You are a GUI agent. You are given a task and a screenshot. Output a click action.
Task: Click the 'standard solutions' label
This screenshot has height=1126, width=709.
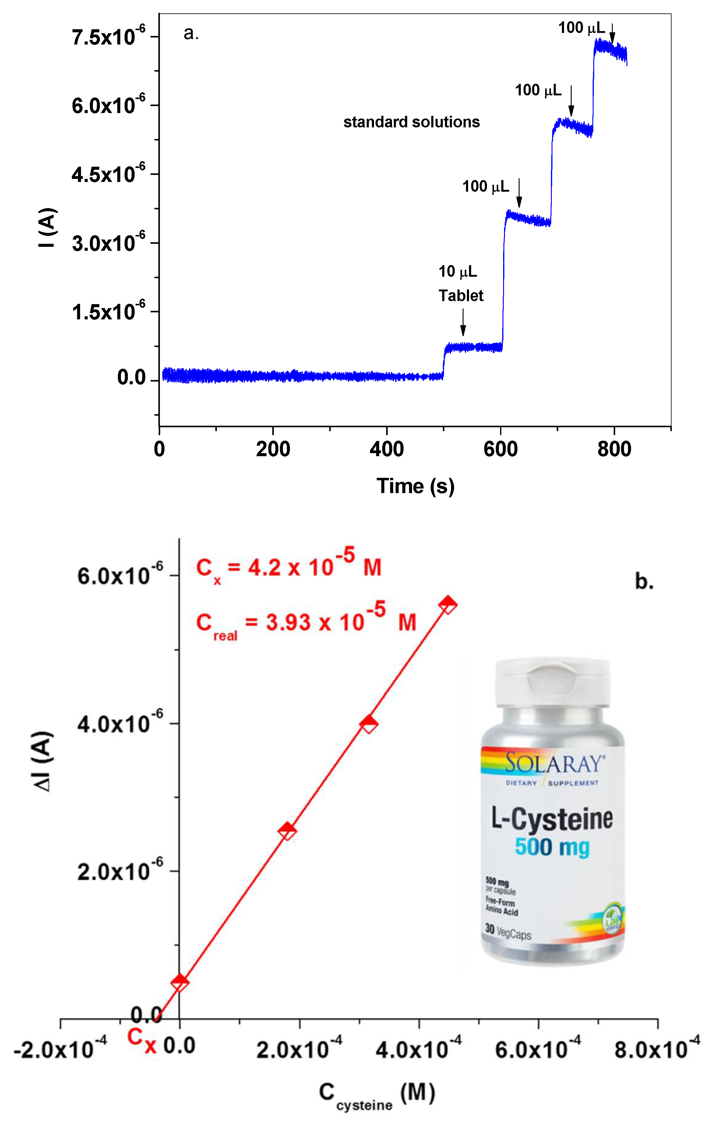click(411, 122)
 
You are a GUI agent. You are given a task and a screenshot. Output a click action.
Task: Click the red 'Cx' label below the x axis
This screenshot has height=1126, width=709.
click(142, 1040)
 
